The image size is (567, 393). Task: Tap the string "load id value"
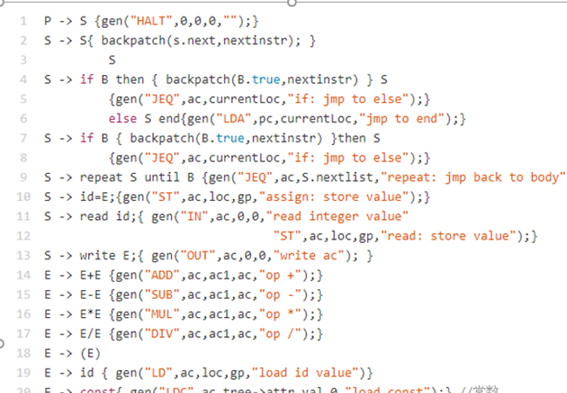(313, 373)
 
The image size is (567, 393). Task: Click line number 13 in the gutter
(21, 255)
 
